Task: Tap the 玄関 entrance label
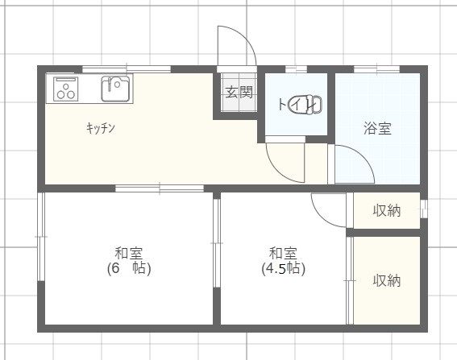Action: (238, 92)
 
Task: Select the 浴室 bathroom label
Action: (377, 127)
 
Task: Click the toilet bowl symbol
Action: (310, 104)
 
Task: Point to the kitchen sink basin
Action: (116, 88)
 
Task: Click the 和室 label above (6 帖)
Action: (129, 251)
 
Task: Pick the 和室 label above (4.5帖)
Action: (283, 251)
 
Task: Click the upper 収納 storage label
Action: (387, 211)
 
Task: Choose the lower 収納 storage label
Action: (387, 281)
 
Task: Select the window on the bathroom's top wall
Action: (376, 69)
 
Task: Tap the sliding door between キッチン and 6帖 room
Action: (160, 188)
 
